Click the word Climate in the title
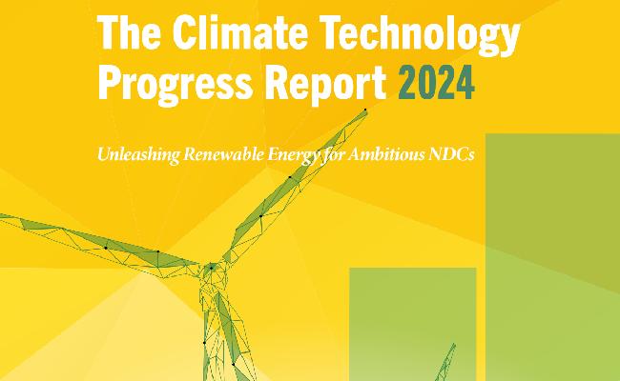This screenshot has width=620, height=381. pos(240,32)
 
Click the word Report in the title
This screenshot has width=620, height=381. pos(325,85)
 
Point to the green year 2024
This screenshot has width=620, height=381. pos(437,83)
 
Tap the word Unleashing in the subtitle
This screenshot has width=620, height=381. pos(138,154)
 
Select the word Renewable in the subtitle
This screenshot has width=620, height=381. pos(224,153)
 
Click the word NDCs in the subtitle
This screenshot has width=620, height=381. pos(451,154)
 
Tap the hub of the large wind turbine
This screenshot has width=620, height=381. pos(212,268)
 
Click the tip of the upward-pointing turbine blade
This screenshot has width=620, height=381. pos(365,110)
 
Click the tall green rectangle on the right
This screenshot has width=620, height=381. pos(552,257)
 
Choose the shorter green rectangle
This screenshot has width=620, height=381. pos(412,324)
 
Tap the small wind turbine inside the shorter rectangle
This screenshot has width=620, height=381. pos(446,363)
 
